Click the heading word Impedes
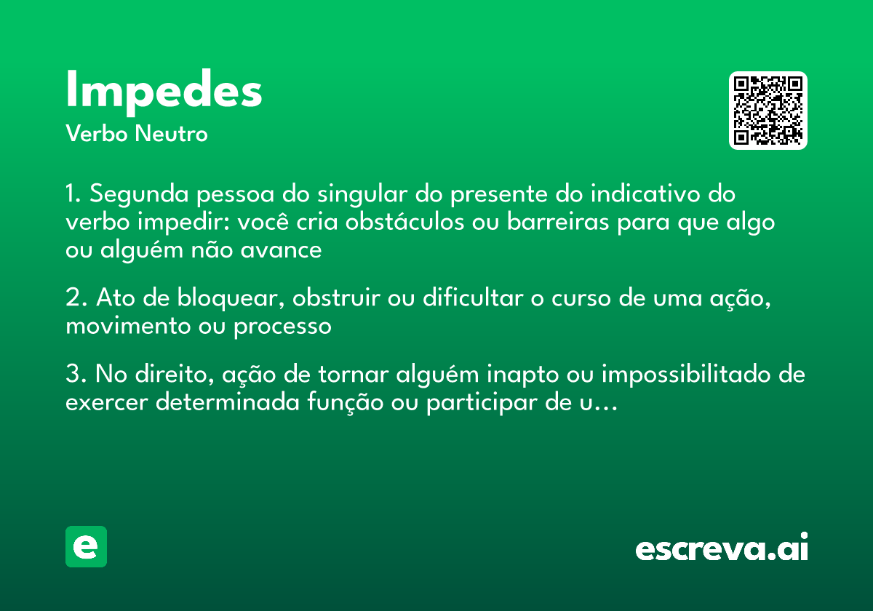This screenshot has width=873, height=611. point(164,92)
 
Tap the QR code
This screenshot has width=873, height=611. point(768,111)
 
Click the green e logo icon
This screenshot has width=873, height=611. point(86,546)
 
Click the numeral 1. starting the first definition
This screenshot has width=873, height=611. point(74,195)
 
